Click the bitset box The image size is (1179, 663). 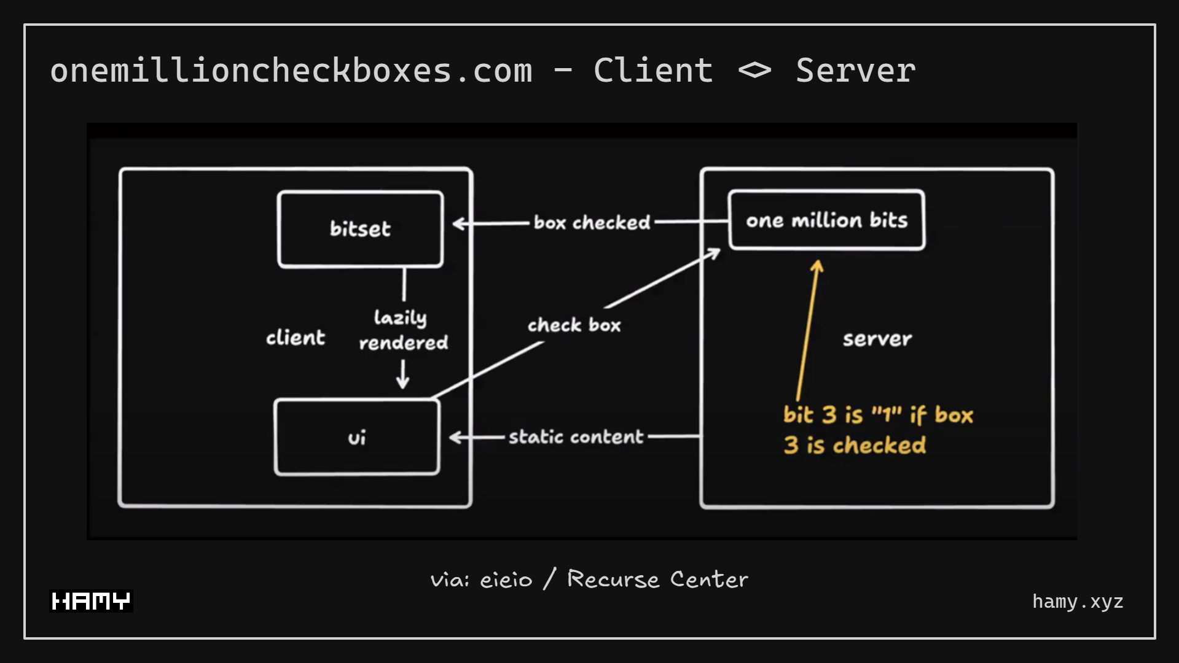(x=360, y=229)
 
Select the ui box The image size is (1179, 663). (x=357, y=437)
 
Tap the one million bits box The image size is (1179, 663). (x=826, y=220)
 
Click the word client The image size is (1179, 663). (x=296, y=338)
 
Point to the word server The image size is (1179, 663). (x=877, y=339)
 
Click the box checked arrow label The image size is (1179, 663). (x=592, y=222)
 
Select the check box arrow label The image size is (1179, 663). (x=574, y=325)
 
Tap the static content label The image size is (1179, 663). (x=576, y=436)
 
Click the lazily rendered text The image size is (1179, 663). (x=402, y=330)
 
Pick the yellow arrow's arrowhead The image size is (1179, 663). (x=817, y=266)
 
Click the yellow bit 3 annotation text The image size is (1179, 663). (x=877, y=430)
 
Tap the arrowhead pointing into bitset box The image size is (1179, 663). (x=459, y=223)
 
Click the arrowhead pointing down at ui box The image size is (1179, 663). (x=403, y=383)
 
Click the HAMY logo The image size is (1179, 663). (x=91, y=601)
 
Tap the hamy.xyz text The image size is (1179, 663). (x=1078, y=602)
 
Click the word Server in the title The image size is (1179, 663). (x=855, y=70)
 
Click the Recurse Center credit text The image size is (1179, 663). (x=657, y=579)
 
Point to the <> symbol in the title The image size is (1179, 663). (x=754, y=71)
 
